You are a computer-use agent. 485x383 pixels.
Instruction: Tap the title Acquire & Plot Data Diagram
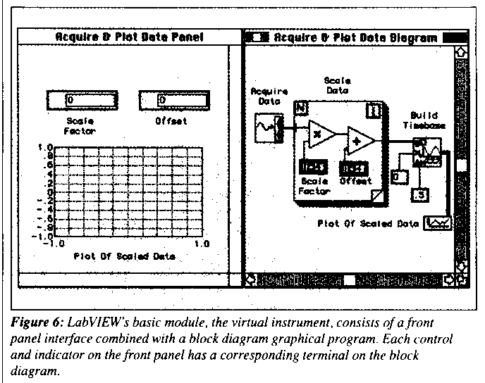tap(355, 37)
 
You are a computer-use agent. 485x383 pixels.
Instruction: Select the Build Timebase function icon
tap(426, 152)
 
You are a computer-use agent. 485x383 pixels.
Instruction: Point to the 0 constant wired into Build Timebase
tap(399, 177)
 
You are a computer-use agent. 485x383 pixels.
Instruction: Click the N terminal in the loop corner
tap(301, 108)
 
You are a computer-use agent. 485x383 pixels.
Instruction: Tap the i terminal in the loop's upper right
tap(374, 109)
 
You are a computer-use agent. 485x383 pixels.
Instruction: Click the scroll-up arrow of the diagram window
tap(461, 51)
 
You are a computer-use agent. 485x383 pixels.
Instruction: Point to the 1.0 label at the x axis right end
tap(202, 244)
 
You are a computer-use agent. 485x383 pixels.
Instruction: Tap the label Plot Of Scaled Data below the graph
tap(124, 256)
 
